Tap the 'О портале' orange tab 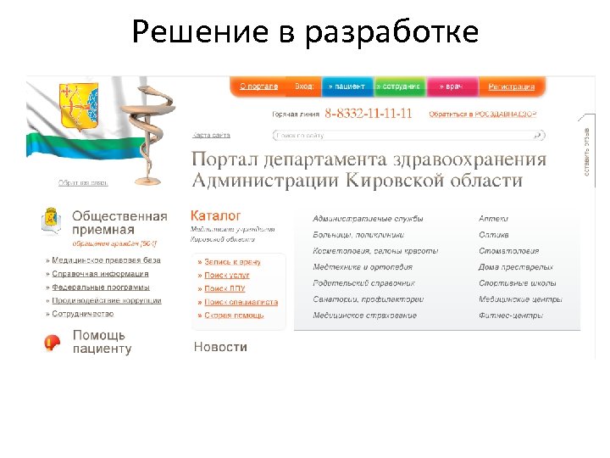[x=258, y=87]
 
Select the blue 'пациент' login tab [x=347, y=87]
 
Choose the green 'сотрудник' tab [x=399, y=87]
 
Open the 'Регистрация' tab [x=511, y=87]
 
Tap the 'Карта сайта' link [x=211, y=135]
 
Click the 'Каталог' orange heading [x=216, y=216]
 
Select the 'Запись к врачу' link [x=231, y=262]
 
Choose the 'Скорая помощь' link [x=233, y=316]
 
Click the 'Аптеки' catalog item [x=493, y=219]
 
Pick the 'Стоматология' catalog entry [x=508, y=251]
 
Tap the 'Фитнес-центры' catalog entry [x=510, y=316]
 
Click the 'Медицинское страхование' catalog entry [x=364, y=316]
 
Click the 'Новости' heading [x=220, y=347]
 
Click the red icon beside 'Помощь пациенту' [x=53, y=343]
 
